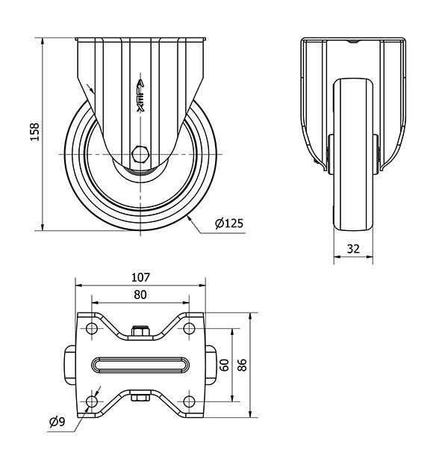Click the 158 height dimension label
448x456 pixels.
tap(34, 132)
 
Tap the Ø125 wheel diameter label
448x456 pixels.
tap(229, 223)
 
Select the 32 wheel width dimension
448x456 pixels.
tap(353, 249)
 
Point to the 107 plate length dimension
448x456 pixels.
tap(140, 277)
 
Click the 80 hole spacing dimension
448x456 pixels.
tap(140, 295)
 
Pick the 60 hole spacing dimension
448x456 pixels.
tap(225, 365)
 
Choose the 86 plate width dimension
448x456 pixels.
tap(242, 365)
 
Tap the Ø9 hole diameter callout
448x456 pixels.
tap(57, 422)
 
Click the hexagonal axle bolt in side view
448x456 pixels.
tap(140, 154)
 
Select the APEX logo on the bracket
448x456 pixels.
tap(140, 96)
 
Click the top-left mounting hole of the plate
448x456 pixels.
tap(92, 329)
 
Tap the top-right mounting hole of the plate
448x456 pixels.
tap(189, 329)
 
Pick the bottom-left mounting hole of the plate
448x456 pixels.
tap(92, 402)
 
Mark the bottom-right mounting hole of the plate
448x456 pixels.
tap(189, 402)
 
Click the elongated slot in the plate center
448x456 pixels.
tap(140, 365)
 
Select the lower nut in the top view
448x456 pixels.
tap(140, 398)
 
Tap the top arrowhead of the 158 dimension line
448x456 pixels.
tap(43, 41)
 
